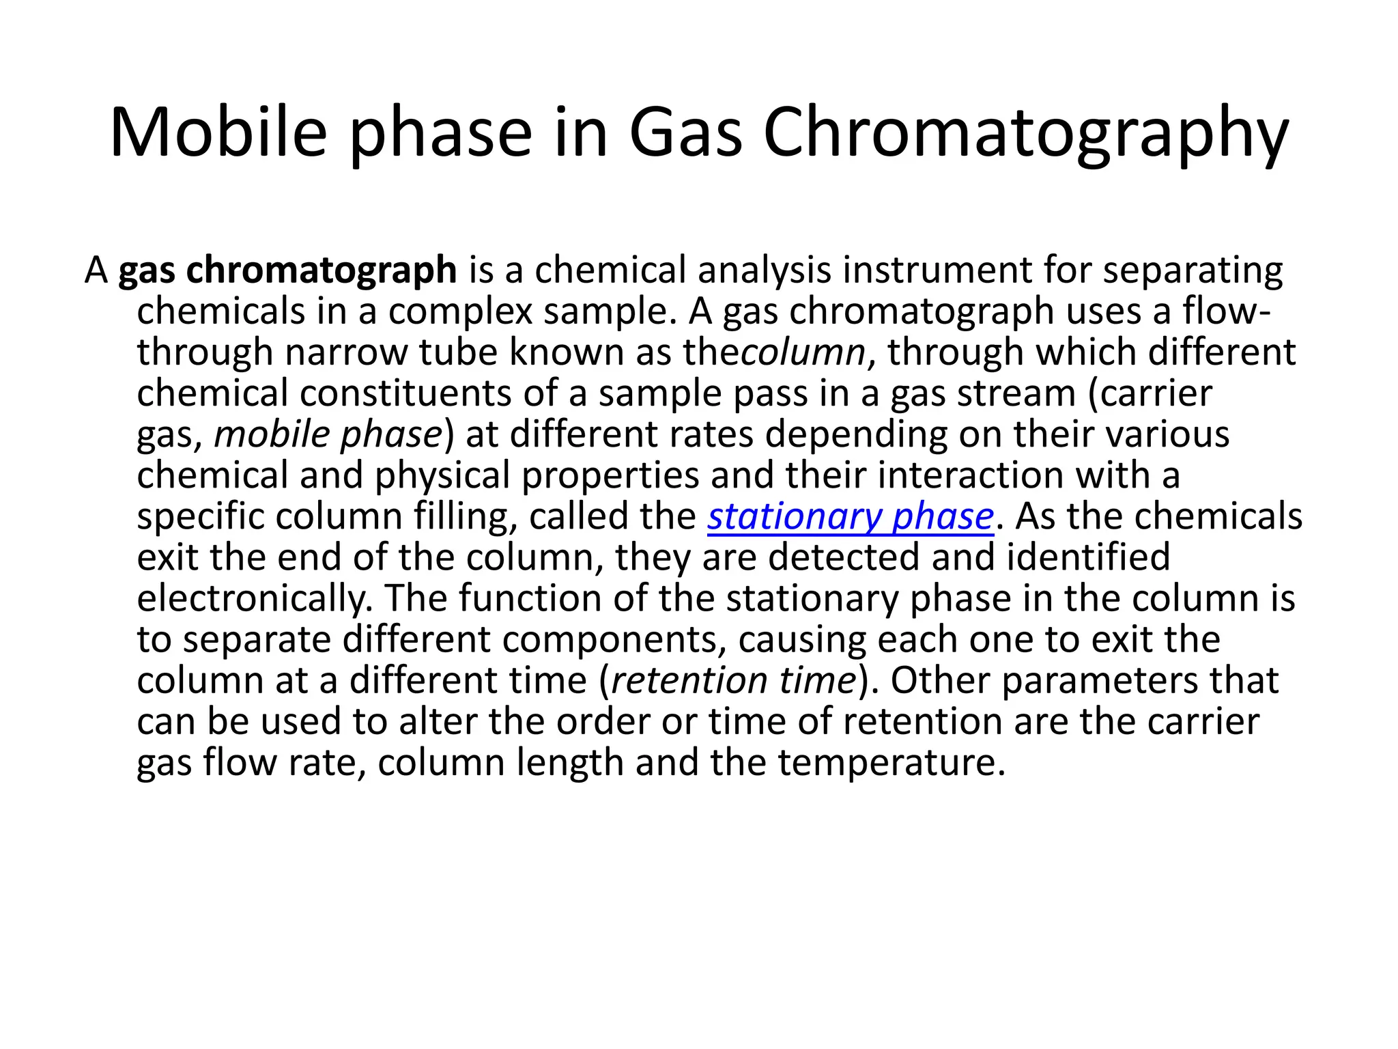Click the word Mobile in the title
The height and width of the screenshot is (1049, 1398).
218,132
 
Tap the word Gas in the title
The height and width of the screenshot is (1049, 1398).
685,132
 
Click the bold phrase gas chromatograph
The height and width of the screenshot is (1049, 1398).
287,270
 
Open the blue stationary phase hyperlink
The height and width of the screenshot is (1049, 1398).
850,516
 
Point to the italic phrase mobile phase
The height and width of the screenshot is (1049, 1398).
328,434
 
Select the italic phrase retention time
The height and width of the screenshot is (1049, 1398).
734,680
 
